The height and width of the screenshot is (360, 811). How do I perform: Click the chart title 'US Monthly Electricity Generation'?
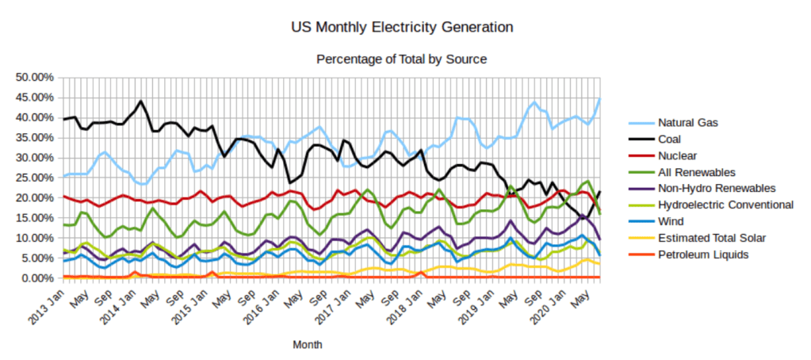[402, 28]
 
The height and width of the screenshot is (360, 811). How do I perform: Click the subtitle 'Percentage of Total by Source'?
[401, 59]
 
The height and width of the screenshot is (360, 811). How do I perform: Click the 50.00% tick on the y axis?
[35, 77]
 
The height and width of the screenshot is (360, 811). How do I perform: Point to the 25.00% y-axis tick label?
[35, 178]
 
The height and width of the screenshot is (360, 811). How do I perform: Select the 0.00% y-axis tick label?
[37, 278]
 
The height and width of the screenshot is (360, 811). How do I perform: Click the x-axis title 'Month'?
[307, 346]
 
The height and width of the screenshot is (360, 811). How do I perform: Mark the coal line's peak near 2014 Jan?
[140, 101]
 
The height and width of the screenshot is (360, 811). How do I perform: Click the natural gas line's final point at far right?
[600, 98]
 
